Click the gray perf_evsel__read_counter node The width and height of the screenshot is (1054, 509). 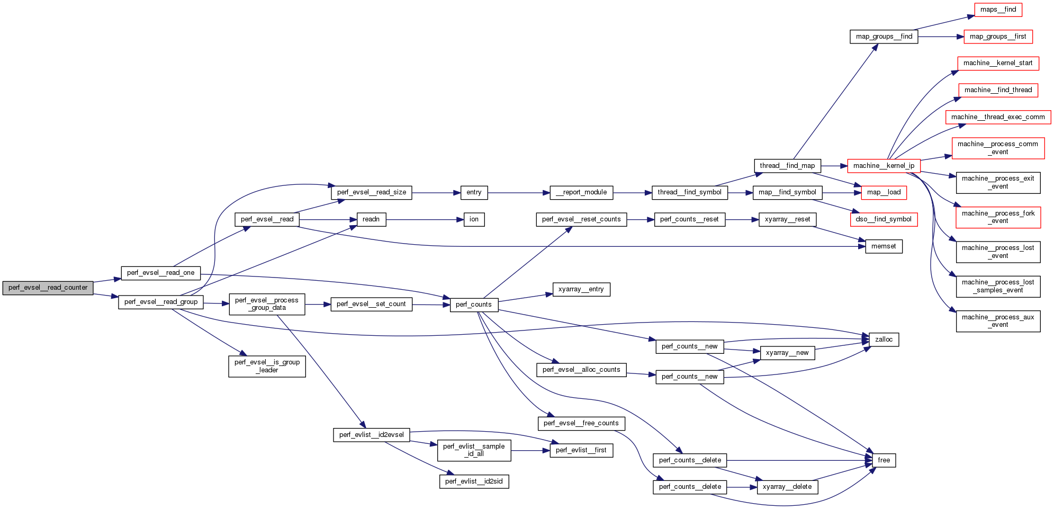coord(48,288)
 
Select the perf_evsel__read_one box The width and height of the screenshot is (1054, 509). coord(160,273)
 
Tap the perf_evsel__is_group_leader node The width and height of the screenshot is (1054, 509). coord(267,366)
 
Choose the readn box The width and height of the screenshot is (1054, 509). coord(371,219)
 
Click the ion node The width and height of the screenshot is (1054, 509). coord(474,219)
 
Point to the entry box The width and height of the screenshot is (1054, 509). coord(474,192)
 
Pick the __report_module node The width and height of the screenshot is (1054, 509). coord(581,192)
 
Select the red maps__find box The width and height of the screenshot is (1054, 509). coord(998,10)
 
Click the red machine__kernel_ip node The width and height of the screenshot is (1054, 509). coord(884,166)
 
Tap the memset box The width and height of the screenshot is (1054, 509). coord(884,246)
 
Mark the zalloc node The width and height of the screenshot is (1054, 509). coord(884,340)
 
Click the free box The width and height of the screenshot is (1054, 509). coord(884,460)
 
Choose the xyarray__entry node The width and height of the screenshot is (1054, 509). coord(581,289)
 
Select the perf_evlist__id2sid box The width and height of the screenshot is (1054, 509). coord(474,481)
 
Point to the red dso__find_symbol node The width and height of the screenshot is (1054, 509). coord(884,219)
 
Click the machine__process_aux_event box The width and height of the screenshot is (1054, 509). coord(998,321)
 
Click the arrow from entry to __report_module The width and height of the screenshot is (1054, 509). coord(519,192)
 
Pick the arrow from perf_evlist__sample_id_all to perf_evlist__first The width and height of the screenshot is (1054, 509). coord(530,451)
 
